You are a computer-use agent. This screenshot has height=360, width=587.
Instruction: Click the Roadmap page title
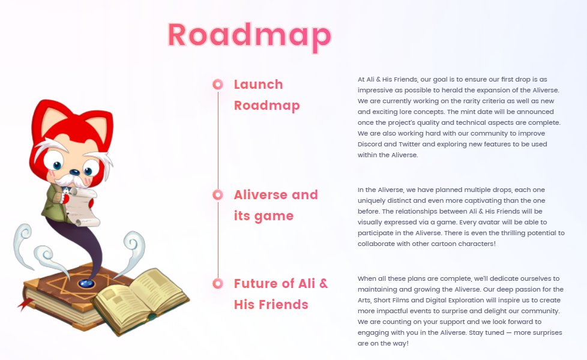click(x=249, y=35)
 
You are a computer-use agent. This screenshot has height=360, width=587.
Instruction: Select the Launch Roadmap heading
click(x=266, y=95)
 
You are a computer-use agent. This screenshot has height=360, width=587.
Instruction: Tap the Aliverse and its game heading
click(x=275, y=205)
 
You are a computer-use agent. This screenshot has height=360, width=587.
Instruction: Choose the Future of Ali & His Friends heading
click(x=281, y=294)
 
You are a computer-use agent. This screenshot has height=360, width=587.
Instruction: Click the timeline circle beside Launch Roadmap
click(x=218, y=84)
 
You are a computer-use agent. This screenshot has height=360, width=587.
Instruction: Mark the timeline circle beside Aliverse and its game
click(x=218, y=194)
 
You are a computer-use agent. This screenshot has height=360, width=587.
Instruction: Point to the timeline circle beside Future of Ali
click(x=218, y=283)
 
